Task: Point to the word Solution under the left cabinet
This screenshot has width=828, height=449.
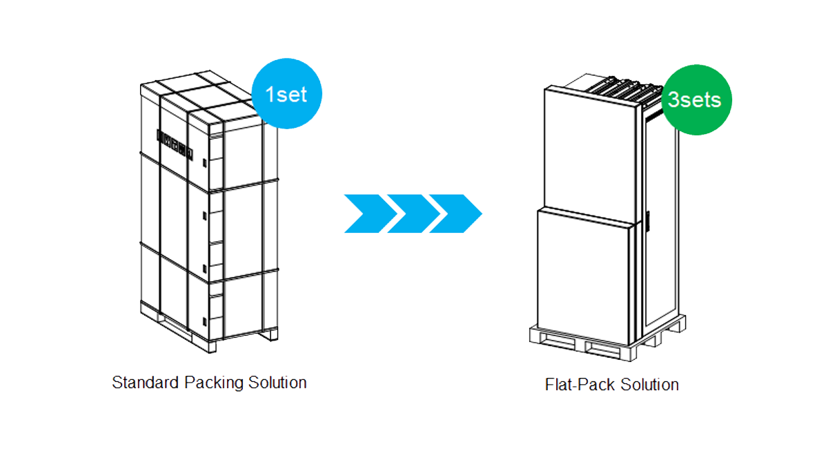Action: coord(278,382)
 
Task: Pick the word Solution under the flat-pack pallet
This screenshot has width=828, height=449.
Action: coord(649,385)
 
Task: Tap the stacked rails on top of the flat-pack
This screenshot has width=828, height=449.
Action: coord(621,86)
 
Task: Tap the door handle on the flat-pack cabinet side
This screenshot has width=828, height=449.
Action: coord(649,224)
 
